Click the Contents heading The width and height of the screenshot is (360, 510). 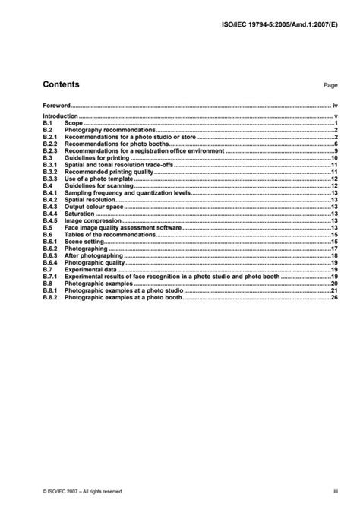coord(61,84)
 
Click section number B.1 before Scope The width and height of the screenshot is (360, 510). coord(46,122)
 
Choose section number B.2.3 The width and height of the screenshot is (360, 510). coord(49,151)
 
